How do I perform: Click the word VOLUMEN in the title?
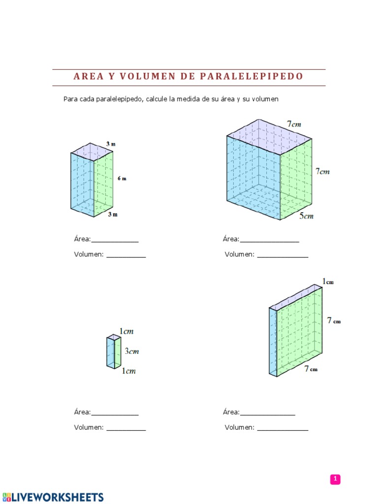(x=148, y=77)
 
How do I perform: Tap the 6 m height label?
(x=122, y=179)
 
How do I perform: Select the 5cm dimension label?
(x=306, y=216)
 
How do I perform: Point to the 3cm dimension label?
(x=131, y=351)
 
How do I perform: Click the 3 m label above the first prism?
(x=111, y=144)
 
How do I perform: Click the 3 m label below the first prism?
(x=113, y=214)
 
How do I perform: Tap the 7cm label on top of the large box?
(x=294, y=125)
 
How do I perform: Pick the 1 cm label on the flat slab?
(x=328, y=282)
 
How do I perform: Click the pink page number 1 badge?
(x=335, y=479)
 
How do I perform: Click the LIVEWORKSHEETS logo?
(x=53, y=497)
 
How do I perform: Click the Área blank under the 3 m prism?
(x=115, y=240)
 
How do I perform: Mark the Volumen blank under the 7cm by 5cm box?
(x=283, y=255)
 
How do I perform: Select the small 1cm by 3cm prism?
(x=114, y=352)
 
